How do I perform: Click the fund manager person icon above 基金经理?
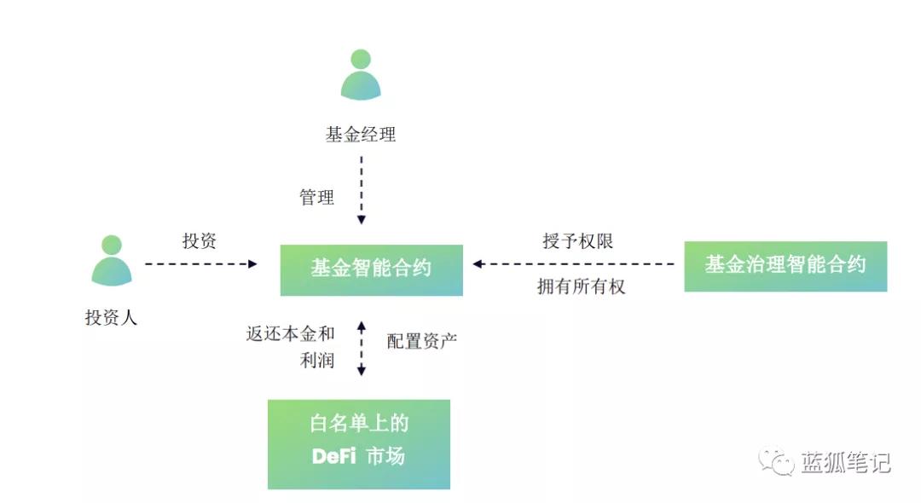[361, 75]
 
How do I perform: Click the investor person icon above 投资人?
[112, 260]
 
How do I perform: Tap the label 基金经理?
[361, 135]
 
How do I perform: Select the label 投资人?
[111, 318]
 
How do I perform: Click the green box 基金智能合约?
[372, 269]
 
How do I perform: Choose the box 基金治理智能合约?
[785, 266]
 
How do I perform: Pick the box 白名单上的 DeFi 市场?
[359, 444]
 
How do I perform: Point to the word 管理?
[316, 198]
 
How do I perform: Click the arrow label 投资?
[200, 241]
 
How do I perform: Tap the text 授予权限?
[578, 241]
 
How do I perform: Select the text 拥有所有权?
[581, 287]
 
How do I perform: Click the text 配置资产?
[422, 341]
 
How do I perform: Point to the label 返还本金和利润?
[291, 346]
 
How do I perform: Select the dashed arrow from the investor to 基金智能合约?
[200, 264]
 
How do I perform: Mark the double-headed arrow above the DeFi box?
[362, 348]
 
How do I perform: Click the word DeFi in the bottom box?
[334, 456]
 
